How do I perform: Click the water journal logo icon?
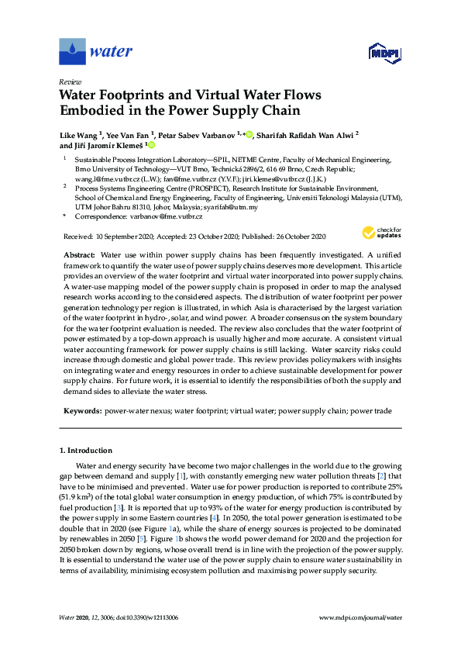coord(72,51)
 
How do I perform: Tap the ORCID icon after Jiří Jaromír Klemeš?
coord(151,145)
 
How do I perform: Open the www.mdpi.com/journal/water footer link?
coord(360,617)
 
